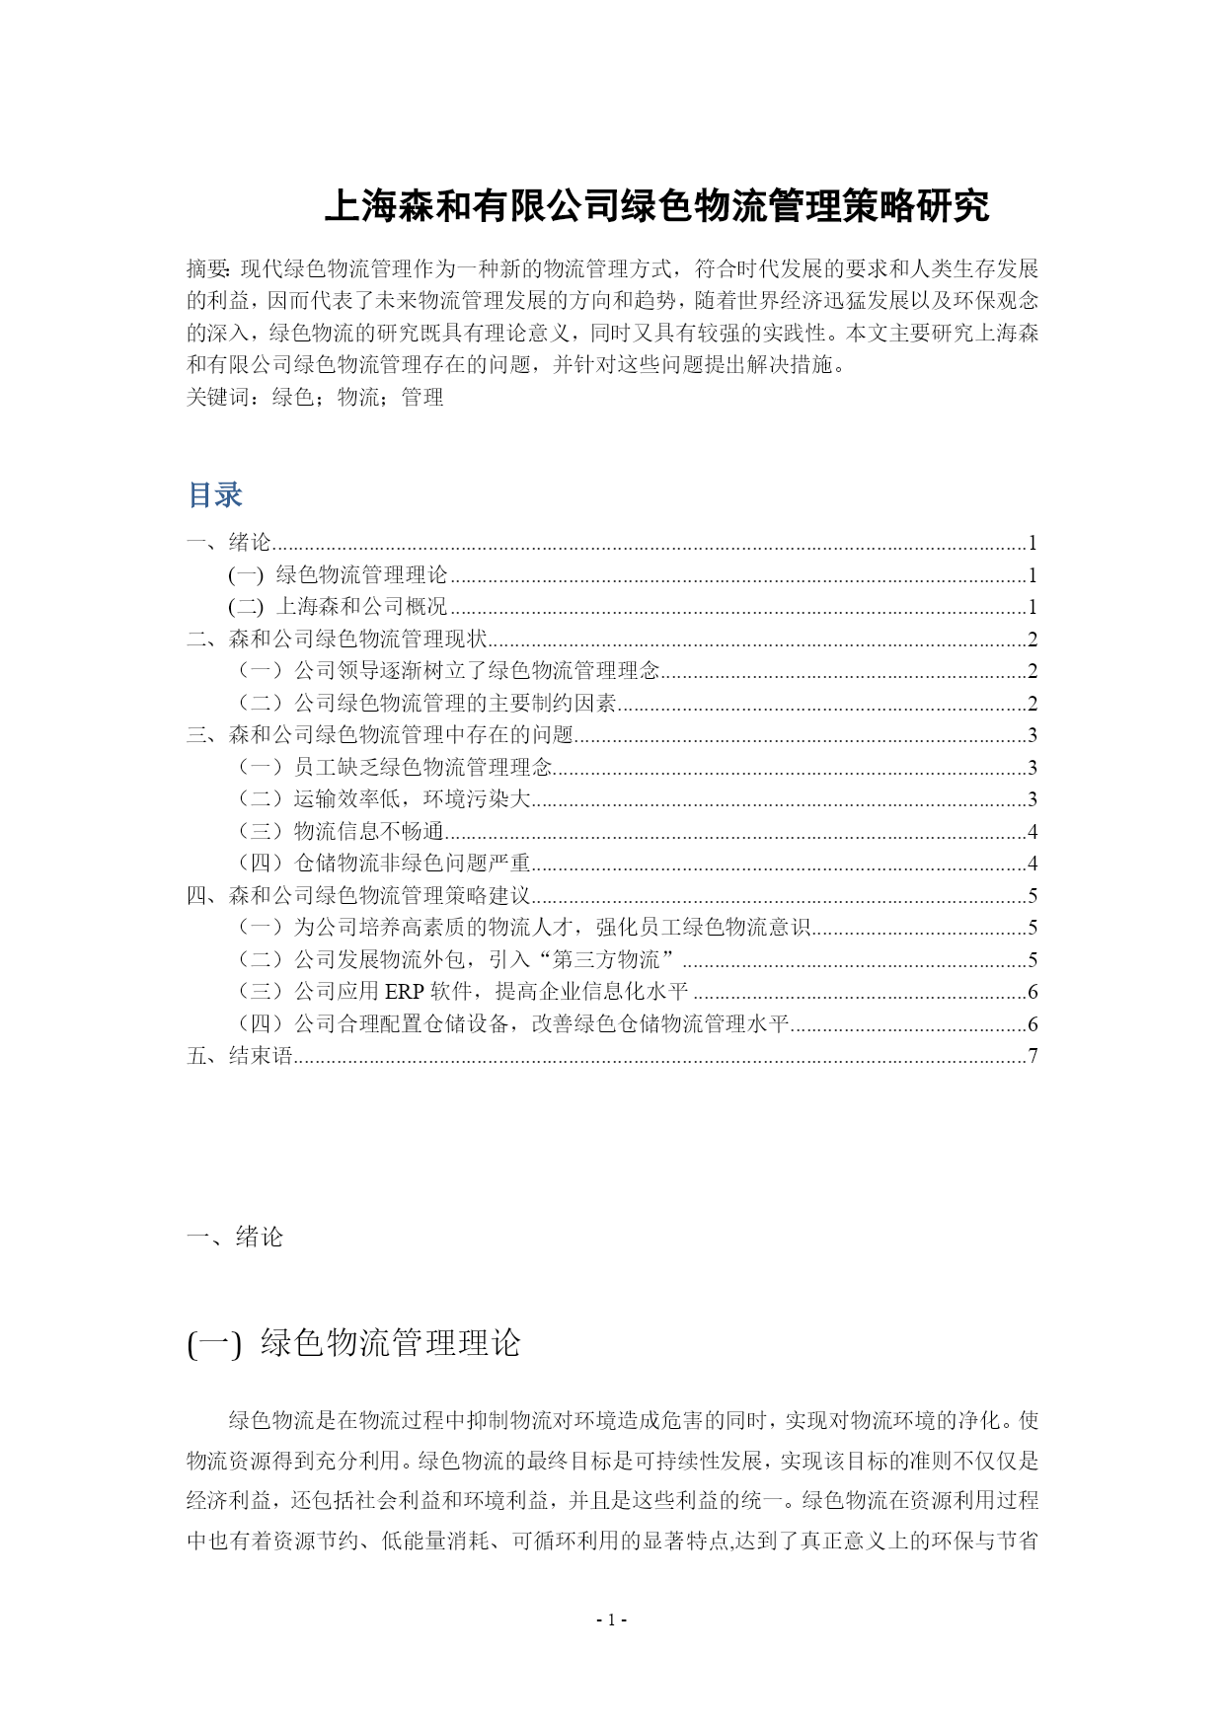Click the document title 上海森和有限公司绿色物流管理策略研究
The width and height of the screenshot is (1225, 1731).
(656, 207)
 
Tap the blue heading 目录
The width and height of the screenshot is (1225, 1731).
(215, 494)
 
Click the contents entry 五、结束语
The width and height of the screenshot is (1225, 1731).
(240, 1056)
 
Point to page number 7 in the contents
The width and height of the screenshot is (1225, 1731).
(1033, 1056)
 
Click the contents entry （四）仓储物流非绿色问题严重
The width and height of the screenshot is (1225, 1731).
(382, 864)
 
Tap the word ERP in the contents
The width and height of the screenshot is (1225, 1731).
(404, 992)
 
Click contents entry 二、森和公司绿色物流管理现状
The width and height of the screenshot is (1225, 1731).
(337, 640)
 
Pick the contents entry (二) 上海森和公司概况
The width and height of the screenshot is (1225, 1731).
(338, 607)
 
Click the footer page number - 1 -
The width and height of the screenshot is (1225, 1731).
(612, 1619)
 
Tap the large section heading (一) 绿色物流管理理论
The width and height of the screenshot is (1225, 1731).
(353, 1343)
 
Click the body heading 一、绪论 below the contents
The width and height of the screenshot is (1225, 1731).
(235, 1238)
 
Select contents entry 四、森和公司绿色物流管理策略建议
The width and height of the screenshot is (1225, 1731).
(358, 896)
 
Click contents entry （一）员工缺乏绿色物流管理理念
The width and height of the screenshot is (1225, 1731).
(393, 768)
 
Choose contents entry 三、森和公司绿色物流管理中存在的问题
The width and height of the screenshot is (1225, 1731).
(380, 735)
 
